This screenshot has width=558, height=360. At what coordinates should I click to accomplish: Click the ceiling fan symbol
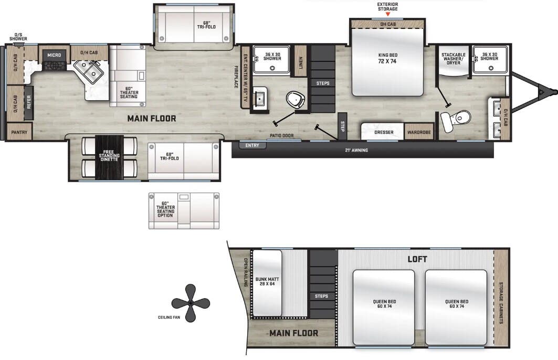click(x=191, y=303)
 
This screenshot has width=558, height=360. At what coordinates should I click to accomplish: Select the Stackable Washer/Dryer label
click(x=453, y=58)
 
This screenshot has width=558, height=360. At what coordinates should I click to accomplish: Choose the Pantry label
click(x=19, y=132)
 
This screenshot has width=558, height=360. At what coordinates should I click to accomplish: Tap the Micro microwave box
click(x=54, y=55)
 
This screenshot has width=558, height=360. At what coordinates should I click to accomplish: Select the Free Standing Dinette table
click(x=109, y=157)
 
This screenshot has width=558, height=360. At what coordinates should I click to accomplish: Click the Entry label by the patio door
click(x=252, y=145)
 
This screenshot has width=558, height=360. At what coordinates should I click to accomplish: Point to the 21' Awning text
click(x=356, y=151)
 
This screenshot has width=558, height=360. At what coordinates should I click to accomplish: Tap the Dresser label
click(x=384, y=132)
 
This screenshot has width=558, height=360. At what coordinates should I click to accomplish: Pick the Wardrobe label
click(x=419, y=132)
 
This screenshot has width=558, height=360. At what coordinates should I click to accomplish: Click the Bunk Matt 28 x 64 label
click(x=267, y=281)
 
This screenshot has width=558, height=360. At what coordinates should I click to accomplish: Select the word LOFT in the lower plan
click(x=417, y=259)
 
